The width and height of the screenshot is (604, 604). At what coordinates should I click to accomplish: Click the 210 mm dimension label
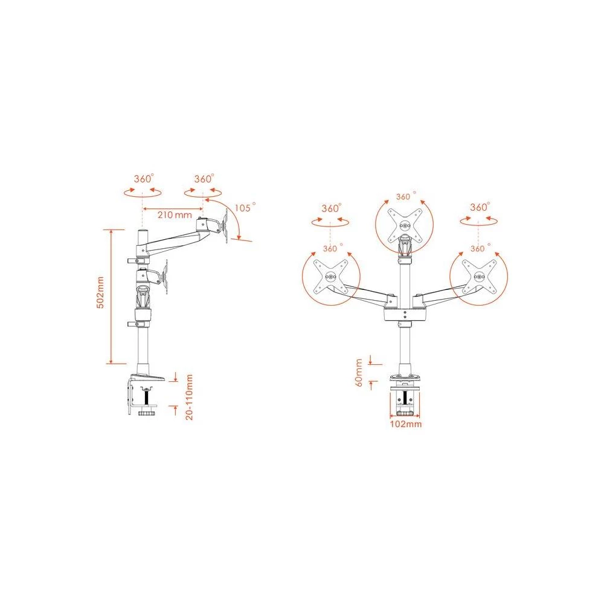click(x=175, y=214)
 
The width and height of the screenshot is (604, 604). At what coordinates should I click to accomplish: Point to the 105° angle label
click(x=245, y=208)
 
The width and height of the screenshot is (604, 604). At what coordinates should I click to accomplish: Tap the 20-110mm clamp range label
click(x=189, y=397)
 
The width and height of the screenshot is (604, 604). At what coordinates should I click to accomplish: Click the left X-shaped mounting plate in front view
click(x=330, y=277)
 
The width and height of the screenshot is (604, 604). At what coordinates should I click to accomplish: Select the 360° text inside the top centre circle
click(x=403, y=197)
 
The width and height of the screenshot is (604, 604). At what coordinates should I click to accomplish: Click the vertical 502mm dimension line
click(x=111, y=296)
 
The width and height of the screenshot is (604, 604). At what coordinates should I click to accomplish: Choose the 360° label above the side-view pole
click(x=143, y=179)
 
